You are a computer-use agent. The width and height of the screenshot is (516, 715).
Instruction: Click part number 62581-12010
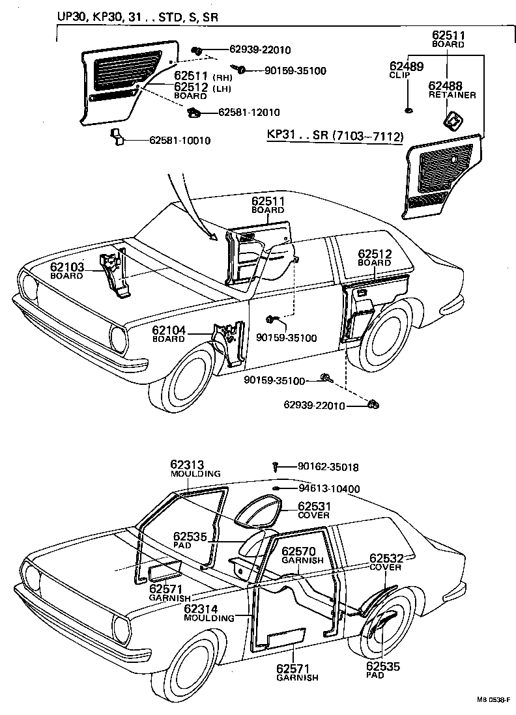[249, 112]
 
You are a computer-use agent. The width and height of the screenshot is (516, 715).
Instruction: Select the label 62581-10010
[180, 140]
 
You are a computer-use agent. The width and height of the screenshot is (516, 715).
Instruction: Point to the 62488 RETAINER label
[451, 89]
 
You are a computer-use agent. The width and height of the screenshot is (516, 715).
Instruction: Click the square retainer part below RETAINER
[450, 120]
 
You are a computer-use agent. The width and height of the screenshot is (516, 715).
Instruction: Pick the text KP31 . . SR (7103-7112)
[336, 136]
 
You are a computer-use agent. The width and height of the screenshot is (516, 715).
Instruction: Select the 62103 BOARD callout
[66, 270]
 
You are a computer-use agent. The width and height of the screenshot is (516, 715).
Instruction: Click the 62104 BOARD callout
[169, 334]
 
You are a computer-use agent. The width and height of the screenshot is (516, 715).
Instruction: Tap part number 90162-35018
[328, 467]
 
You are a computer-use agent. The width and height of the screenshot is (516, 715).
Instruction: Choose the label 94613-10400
[329, 488]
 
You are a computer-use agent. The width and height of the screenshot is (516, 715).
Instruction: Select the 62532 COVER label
[386, 562]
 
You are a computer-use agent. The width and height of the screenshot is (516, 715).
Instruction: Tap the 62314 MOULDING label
[208, 613]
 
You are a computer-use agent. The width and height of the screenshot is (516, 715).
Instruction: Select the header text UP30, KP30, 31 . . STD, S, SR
[137, 18]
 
